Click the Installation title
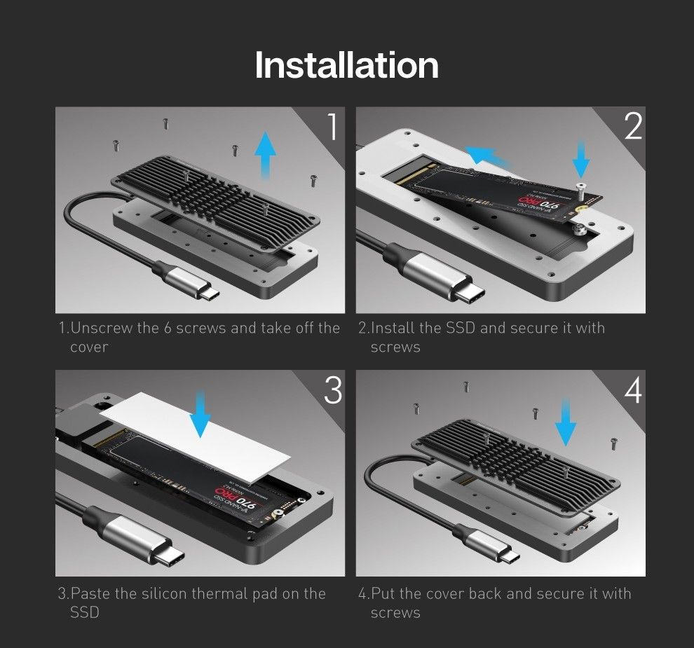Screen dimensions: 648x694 (x=346, y=65)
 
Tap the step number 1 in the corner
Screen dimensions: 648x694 (x=332, y=127)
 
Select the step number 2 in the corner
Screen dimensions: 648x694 (x=632, y=126)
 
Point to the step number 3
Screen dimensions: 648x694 (x=332, y=390)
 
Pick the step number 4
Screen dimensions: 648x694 (x=632, y=391)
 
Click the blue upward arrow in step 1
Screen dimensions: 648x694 (x=264, y=155)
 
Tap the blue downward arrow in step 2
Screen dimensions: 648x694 (x=581, y=157)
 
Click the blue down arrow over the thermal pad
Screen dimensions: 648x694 (x=200, y=414)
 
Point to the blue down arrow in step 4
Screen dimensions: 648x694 (x=565, y=422)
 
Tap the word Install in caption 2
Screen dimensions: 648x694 (x=393, y=329)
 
